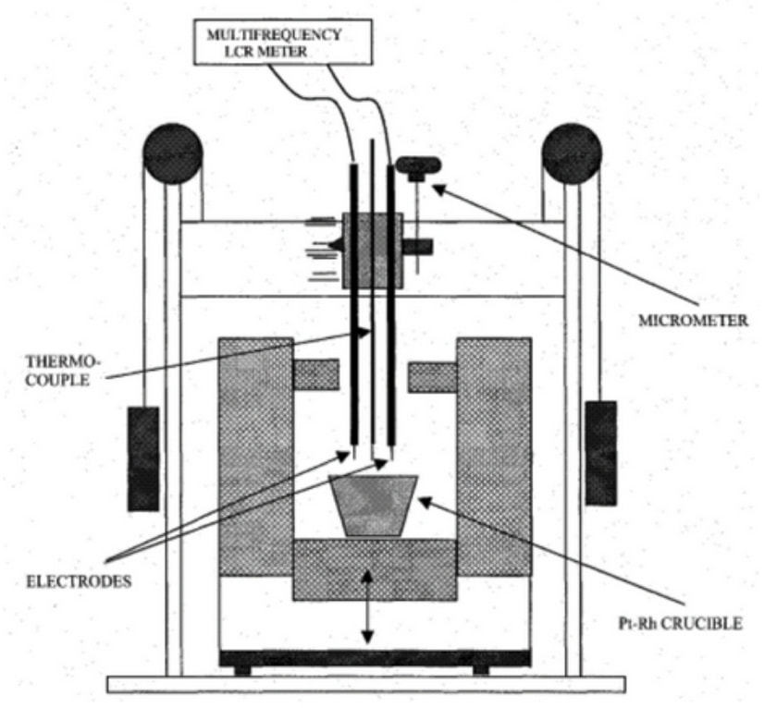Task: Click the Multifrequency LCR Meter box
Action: click(282, 43)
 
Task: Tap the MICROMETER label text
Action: click(693, 321)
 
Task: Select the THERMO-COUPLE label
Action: click(63, 371)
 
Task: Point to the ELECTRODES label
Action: click(79, 581)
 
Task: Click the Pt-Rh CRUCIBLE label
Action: click(681, 623)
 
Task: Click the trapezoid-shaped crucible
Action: click(373, 506)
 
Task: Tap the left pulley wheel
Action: click(172, 153)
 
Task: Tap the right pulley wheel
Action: click(572, 153)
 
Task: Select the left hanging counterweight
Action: click(143, 459)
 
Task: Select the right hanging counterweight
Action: click(601, 454)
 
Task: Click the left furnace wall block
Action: click(255, 457)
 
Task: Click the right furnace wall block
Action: click(494, 457)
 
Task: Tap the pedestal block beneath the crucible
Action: click(375, 570)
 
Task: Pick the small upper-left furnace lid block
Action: click(316, 374)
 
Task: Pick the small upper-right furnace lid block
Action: click(433, 377)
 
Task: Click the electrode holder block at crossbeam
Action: click(373, 251)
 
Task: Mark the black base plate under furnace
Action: click(375, 658)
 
